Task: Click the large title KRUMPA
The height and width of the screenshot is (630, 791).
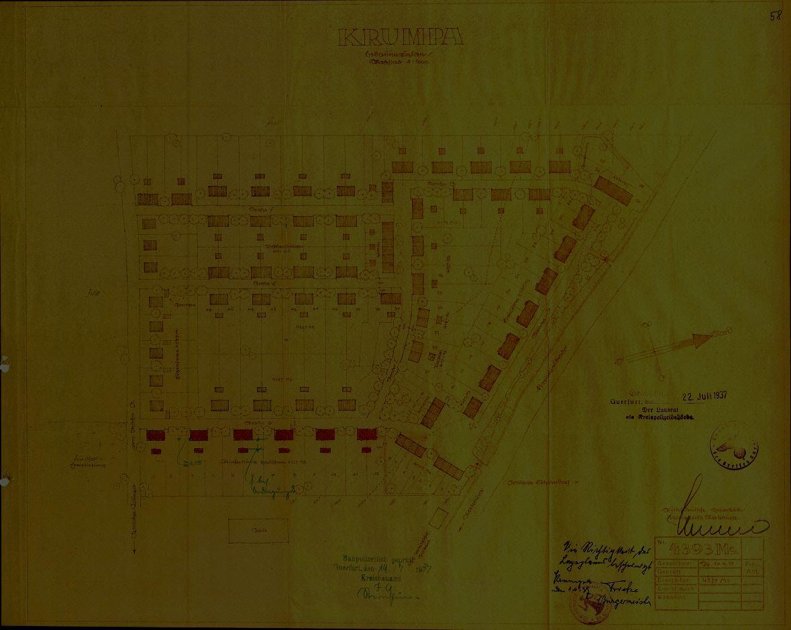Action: tap(401, 38)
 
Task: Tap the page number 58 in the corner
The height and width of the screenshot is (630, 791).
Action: tap(775, 17)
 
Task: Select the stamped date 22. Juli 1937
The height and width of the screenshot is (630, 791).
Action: tap(704, 395)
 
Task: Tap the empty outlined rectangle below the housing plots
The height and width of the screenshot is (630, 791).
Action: tap(258, 530)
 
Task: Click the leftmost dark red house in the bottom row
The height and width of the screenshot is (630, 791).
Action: tap(156, 435)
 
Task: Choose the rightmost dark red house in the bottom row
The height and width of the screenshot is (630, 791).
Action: tap(366, 435)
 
